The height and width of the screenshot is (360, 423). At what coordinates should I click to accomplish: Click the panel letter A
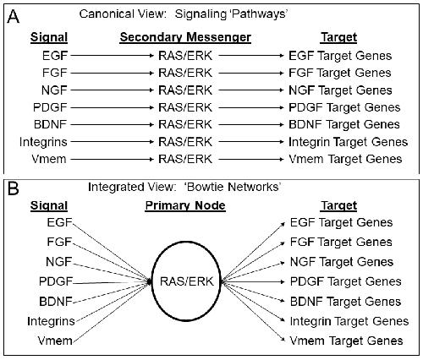click(x=13, y=17)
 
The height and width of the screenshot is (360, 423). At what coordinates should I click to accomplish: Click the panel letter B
click(x=13, y=188)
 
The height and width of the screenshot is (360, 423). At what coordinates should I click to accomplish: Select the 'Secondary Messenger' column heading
click(x=185, y=37)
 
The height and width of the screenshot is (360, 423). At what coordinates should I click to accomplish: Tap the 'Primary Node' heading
click(x=185, y=205)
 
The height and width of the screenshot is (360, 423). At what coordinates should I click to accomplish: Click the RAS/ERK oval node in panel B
click(x=152, y=281)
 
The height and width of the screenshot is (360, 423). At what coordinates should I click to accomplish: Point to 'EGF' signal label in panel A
click(x=55, y=56)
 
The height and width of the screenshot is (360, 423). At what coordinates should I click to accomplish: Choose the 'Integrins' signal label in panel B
click(x=51, y=321)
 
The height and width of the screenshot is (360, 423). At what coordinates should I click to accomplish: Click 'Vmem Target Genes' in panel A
click(x=345, y=159)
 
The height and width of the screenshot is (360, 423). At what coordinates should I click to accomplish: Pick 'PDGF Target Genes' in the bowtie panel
click(x=346, y=281)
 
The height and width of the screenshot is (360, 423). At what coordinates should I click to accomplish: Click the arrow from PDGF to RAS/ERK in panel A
click(x=112, y=107)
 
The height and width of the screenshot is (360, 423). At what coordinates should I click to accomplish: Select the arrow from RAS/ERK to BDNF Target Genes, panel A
click(x=251, y=124)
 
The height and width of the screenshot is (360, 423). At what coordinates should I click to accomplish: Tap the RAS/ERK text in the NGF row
click(x=185, y=90)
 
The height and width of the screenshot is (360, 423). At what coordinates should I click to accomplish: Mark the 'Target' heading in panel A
click(x=338, y=37)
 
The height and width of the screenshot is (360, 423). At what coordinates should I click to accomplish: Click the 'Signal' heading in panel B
click(x=49, y=205)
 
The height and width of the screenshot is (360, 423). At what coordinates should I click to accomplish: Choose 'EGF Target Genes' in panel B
click(x=341, y=222)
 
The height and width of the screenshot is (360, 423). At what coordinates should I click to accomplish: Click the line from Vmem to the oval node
click(x=111, y=311)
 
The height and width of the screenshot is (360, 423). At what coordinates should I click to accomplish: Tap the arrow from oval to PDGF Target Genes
click(x=253, y=281)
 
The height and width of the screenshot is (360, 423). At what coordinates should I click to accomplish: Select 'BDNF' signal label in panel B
click(x=56, y=302)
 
